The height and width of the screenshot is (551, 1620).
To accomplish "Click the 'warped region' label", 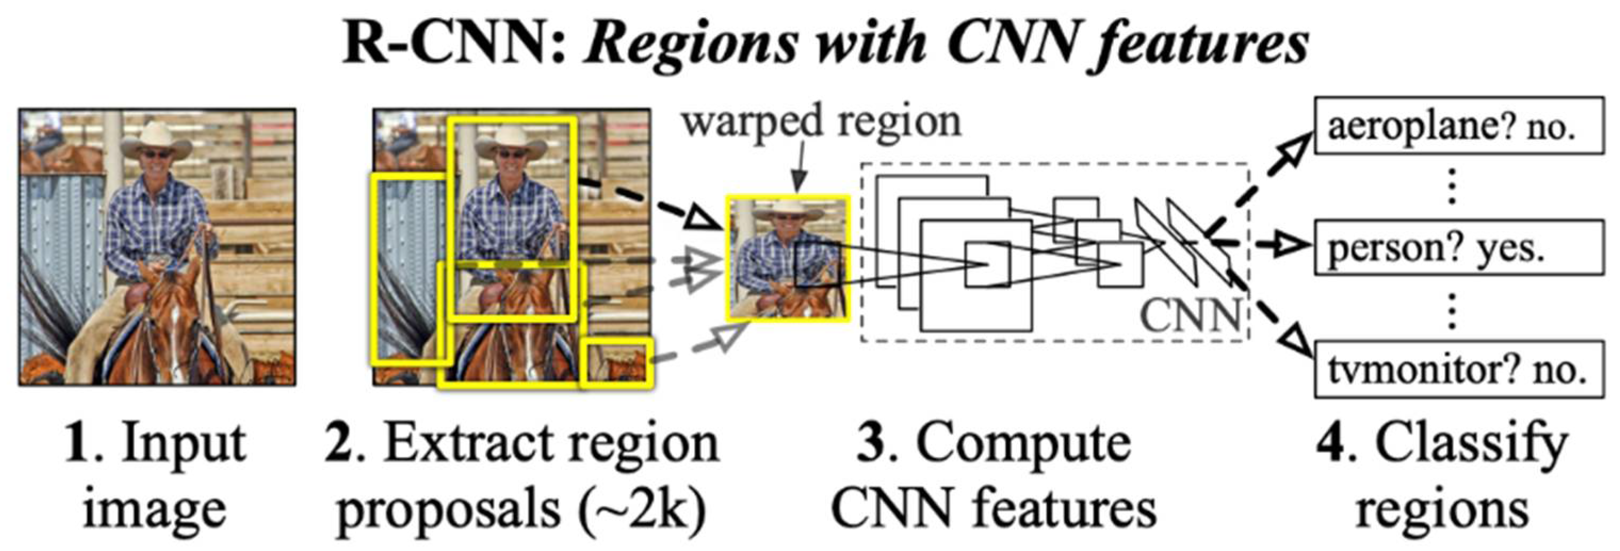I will tap(821, 122).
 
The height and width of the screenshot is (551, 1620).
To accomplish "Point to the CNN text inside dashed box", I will tap(1190, 315).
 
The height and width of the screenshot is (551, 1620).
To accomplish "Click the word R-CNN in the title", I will tap(453, 44).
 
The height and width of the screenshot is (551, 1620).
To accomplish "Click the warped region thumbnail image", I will tap(788, 258).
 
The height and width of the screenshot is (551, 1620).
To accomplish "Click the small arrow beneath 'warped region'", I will tap(799, 170).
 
